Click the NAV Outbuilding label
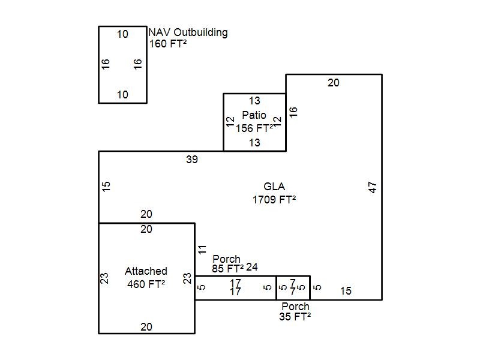tap(188, 32)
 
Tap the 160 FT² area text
tap(168, 44)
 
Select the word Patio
tap(254, 115)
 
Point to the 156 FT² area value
tap(254, 128)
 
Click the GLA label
tap(274, 187)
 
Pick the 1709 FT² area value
tap(274, 200)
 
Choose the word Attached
tap(146, 271)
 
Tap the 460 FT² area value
tap(146, 284)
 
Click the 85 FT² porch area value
tap(227, 268)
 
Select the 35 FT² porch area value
tap(295, 317)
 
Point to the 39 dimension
tap(191, 160)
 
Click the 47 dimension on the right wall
tap(373, 187)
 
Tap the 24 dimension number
tap(252, 267)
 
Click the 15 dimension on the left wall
tap(107, 187)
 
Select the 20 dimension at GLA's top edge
tap(333, 83)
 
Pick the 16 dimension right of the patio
tap(293, 112)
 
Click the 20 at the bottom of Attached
tap(146, 327)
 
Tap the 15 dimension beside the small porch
tap(346, 292)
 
